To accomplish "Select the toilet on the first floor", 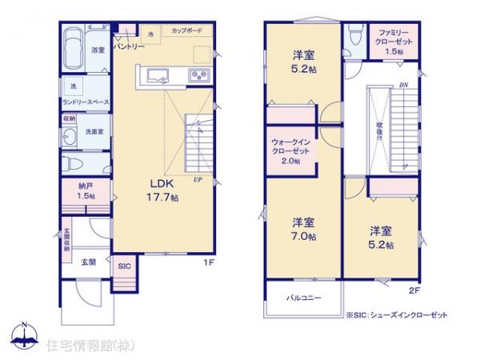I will click(71, 163).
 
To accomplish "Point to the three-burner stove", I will click(198, 76).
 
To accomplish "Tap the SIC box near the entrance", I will click(124, 267).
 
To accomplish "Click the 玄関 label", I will click(88, 262).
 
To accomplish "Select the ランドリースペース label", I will click(85, 102).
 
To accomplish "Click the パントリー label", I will click(128, 47).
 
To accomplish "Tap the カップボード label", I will click(186, 30).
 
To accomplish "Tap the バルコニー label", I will click(304, 298).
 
